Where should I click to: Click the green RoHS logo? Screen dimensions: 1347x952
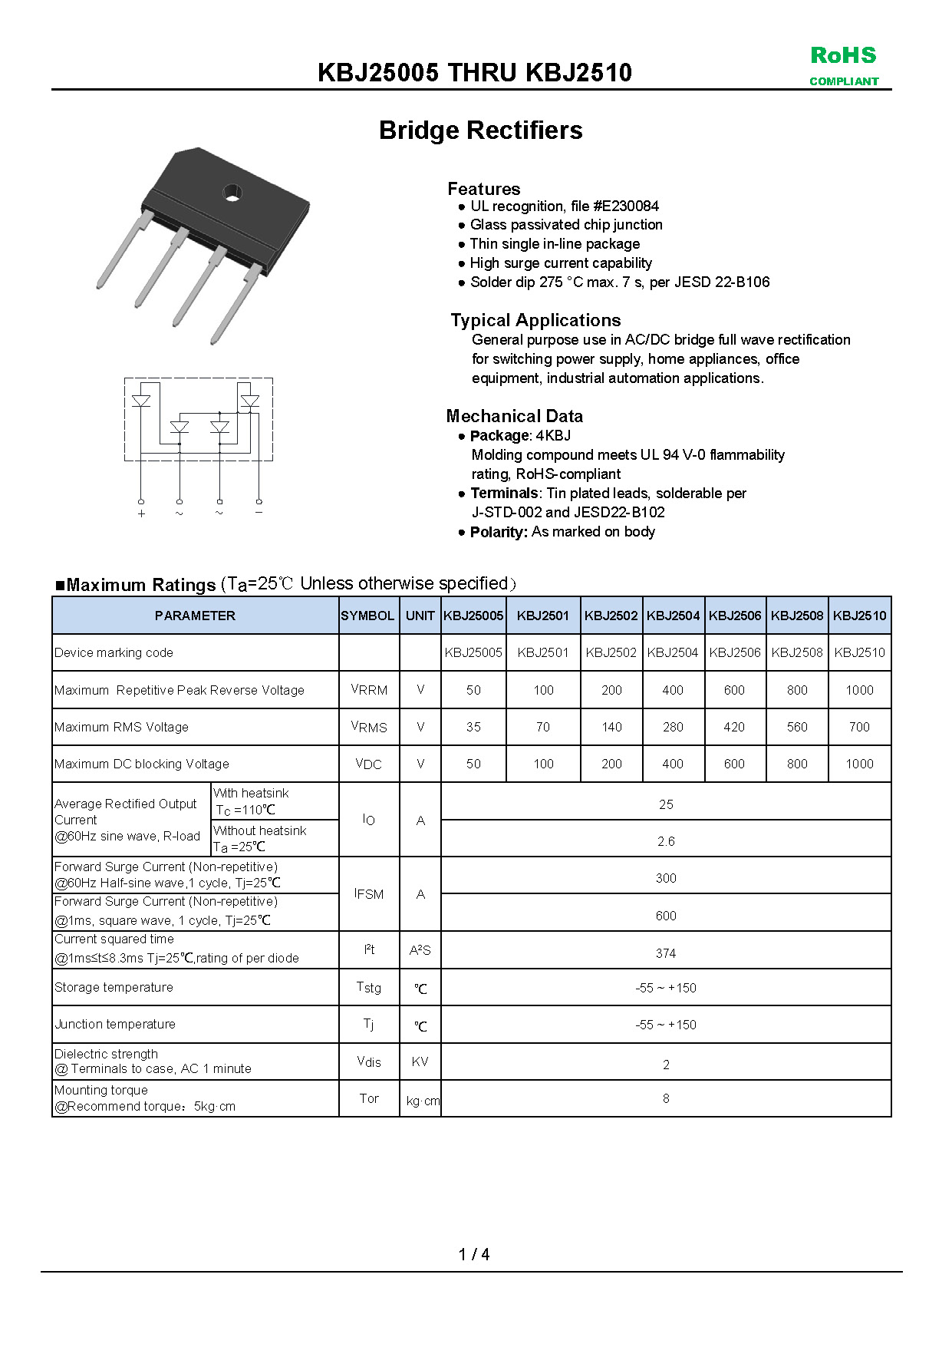tap(843, 56)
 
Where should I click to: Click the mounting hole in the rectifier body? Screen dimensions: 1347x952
tap(232, 192)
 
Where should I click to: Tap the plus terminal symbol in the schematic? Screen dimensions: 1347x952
tap(141, 513)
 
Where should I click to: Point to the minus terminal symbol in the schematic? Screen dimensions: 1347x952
tap(259, 512)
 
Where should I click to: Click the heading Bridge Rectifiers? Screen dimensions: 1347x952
tap(480, 130)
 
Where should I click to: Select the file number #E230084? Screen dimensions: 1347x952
tap(625, 206)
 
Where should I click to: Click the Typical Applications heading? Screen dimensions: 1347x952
tap(535, 320)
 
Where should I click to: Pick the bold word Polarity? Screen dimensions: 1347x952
tap(499, 532)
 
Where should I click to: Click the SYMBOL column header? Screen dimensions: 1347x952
tap(367, 616)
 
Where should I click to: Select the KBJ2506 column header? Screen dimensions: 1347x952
tap(735, 616)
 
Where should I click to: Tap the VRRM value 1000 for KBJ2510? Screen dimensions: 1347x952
tap(859, 690)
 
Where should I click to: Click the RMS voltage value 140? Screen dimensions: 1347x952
tap(611, 727)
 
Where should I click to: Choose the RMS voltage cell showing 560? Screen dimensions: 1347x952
tap(797, 727)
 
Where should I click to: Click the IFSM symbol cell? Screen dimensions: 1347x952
tap(369, 894)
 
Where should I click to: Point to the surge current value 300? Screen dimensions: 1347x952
tap(666, 878)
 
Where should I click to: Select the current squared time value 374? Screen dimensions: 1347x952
tap(666, 953)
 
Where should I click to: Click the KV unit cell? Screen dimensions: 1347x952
tap(420, 1061)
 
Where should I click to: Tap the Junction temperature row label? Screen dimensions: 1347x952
tap(115, 1024)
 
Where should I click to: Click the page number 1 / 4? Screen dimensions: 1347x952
tap(474, 1254)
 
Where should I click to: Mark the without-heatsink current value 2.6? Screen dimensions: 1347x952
tap(666, 841)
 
